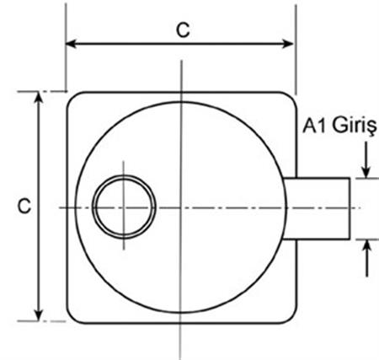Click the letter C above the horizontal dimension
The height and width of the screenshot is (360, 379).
(183, 30)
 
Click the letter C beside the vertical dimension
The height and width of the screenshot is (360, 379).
(24, 207)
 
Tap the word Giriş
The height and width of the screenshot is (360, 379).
(355, 126)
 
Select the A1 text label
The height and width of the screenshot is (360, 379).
(315, 126)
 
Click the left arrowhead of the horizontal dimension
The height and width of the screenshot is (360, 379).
(72, 44)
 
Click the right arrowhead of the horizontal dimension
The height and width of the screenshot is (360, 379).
(288, 44)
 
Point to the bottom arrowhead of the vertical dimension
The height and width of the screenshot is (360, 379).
(39, 314)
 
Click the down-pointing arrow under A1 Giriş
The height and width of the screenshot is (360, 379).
(366, 159)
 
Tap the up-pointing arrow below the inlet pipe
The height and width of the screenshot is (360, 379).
(366, 259)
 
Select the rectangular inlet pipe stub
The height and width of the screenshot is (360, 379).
(317, 208)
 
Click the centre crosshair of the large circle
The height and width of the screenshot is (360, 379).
(181, 208)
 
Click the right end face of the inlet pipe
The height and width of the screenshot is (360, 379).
(350, 208)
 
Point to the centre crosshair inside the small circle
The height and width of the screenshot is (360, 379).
(124, 207)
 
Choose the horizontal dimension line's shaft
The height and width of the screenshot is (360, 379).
(179, 44)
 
